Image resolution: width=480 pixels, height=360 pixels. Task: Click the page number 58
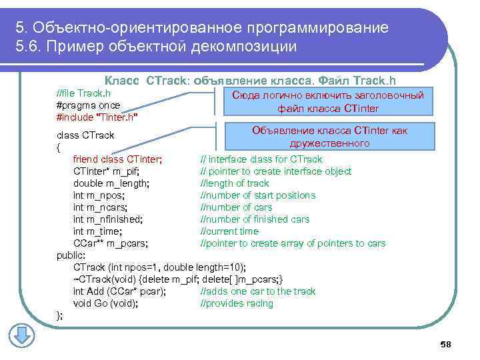pyautogui.click(x=446, y=344)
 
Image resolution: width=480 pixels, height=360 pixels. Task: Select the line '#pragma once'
pyautogui.click(x=89, y=105)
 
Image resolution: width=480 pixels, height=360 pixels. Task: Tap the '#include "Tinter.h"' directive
pyautogui.click(x=97, y=117)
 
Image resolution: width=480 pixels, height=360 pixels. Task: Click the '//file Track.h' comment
pyautogui.click(x=84, y=93)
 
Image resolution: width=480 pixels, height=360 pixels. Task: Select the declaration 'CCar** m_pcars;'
pyautogui.click(x=111, y=243)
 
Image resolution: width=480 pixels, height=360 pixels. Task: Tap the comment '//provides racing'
pyautogui.click(x=237, y=303)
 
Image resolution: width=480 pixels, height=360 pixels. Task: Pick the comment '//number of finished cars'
pyautogui.click(x=255, y=219)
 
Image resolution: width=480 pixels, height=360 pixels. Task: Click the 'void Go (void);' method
pyautogui.click(x=106, y=303)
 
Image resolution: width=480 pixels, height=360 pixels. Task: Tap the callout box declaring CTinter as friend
pyautogui.click(x=329, y=137)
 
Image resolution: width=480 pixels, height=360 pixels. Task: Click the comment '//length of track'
pyautogui.click(x=235, y=183)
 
